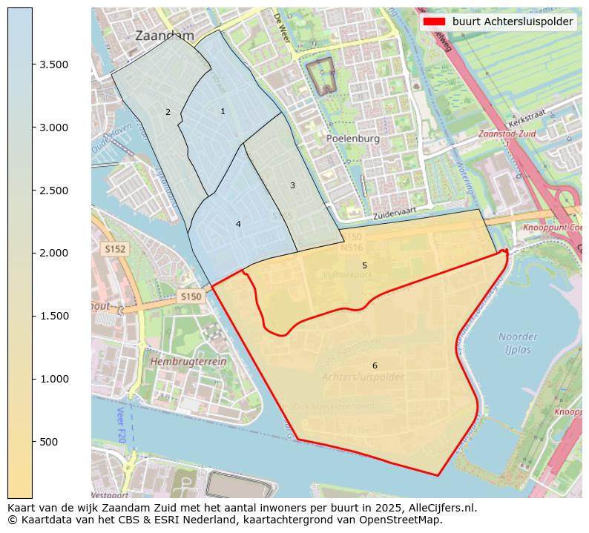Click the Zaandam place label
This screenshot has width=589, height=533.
pos(164,36)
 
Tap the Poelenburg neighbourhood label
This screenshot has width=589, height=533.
pos(352,138)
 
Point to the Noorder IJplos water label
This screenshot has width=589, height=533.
pos(518,342)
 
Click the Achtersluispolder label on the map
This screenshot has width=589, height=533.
pos(363,377)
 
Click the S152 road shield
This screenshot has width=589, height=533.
pos(115,250)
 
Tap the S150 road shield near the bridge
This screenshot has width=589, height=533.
pos(191,297)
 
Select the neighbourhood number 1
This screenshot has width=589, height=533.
pos(223,111)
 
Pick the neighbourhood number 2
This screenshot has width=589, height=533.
pos(168,113)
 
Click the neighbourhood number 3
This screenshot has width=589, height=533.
pos(292,185)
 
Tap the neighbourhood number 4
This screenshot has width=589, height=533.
pos(238,224)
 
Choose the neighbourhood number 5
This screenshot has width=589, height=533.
pos(364,265)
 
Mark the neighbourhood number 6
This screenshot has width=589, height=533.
pos(375,365)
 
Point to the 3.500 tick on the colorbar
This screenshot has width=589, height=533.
pos(53,64)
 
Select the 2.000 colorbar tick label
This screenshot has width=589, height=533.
pos(53,253)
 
